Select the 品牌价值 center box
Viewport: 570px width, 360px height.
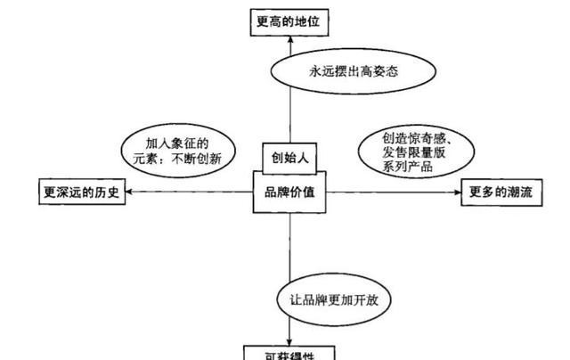click(289, 192)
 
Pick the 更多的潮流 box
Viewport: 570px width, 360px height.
click(501, 192)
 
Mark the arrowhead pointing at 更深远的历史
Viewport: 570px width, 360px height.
click(130, 192)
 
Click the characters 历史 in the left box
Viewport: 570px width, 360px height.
click(106, 192)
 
